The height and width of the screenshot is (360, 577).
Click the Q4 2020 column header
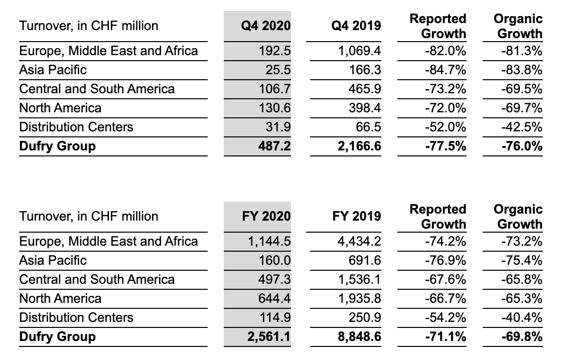click(x=266, y=26)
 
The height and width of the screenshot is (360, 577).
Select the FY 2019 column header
click(x=357, y=216)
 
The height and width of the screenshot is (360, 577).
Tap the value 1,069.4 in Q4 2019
click(x=360, y=51)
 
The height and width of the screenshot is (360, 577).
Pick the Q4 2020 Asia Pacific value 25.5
click(x=278, y=70)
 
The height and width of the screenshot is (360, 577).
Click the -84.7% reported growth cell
click(x=445, y=70)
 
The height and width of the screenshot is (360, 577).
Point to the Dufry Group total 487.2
click(x=274, y=146)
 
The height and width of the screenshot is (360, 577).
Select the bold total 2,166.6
click(x=360, y=146)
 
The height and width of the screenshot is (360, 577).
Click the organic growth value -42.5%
click(x=522, y=127)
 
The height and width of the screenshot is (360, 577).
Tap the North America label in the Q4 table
click(x=60, y=108)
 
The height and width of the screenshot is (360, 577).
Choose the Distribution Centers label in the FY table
click(x=76, y=318)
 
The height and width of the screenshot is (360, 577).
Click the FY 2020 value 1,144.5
click(x=269, y=242)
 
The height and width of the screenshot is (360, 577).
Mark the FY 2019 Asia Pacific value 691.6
click(x=365, y=261)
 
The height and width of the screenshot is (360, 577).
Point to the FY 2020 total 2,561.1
click(x=269, y=337)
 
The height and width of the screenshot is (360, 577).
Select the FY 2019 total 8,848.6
click(x=360, y=337)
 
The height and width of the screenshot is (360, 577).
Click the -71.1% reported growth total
click(x=446, y=337)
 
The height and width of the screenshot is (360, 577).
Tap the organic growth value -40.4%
click(x=522, y=318)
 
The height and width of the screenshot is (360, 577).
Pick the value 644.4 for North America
click(x=274, y=299)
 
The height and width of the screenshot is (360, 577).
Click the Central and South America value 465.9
click(x=365, y=89)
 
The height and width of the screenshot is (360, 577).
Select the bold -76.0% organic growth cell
click(x=522, y=146)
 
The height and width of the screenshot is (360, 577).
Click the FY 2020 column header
click(x=266, y=216)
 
